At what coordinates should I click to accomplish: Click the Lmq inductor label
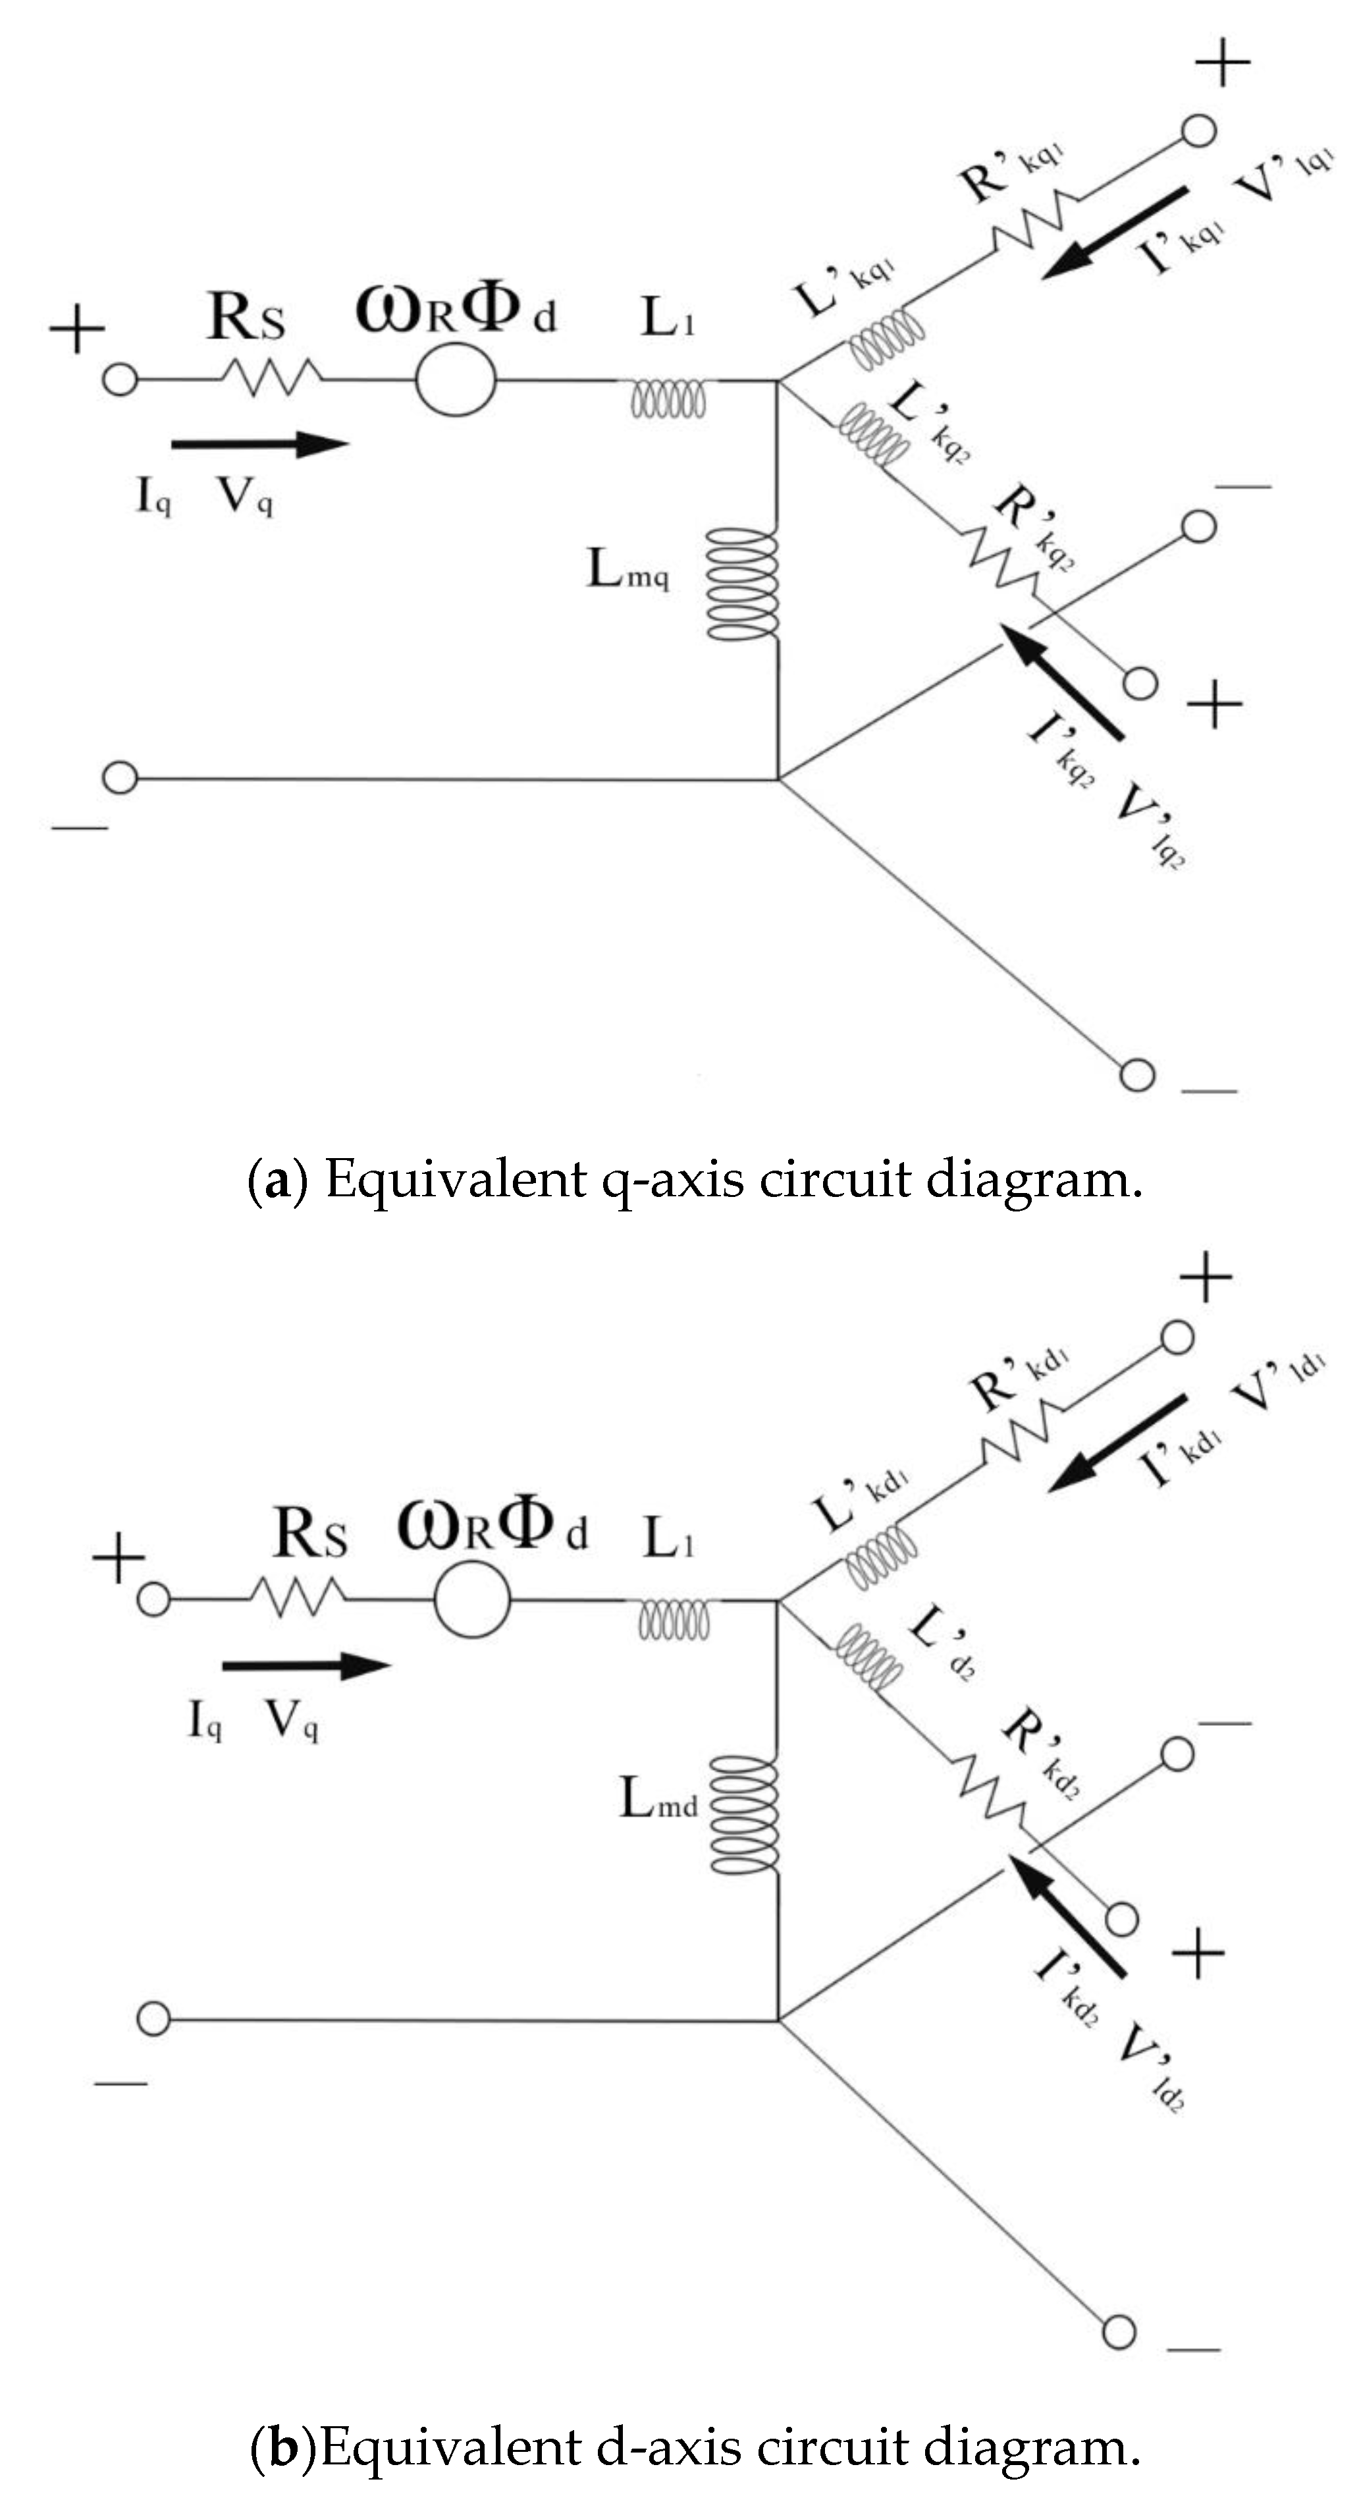point(627,569)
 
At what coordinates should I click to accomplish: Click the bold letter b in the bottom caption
point(282,2449)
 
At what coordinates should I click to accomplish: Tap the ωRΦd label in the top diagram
point(456,310)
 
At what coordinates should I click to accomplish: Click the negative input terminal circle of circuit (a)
point(120,778)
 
